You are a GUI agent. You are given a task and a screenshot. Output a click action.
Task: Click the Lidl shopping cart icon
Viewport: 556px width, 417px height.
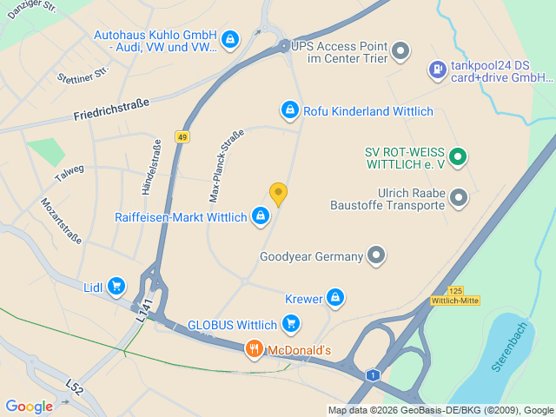(x=116, y=287)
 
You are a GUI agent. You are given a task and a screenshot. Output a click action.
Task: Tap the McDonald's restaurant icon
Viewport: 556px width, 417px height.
(x=254, y=350)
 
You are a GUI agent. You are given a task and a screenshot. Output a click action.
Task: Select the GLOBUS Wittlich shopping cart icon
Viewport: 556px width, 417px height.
(x=291, y=326)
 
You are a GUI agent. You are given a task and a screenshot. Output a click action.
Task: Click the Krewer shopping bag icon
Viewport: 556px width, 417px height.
(x=335, y=300)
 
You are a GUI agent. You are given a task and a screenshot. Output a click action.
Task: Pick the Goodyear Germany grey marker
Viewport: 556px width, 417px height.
(x=375, y=256)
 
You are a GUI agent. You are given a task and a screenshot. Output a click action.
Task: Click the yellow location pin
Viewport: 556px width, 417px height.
(x=278, y=194)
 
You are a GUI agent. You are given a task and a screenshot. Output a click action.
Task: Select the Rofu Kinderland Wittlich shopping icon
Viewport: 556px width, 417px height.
(x=289, y=110)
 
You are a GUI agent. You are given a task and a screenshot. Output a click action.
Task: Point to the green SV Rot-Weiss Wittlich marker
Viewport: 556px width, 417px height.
(x=460, y=157)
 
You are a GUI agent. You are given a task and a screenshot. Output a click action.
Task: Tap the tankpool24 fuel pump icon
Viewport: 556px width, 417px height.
(x=436, y=69)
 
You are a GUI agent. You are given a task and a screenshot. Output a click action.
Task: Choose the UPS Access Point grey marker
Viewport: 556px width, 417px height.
(x=400, y=51)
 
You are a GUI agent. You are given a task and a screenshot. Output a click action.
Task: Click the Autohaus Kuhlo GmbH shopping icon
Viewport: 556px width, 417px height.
(x=229, y=39)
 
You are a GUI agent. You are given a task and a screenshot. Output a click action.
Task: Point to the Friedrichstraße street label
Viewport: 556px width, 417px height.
(x=111, y=109)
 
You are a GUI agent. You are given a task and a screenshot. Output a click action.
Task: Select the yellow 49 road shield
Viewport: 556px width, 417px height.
(x=182, y=137)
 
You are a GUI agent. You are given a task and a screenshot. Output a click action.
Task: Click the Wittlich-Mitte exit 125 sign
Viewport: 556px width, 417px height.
(x=455, y=296)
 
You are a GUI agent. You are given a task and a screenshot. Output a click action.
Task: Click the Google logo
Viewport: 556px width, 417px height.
(x=29, y=406)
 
